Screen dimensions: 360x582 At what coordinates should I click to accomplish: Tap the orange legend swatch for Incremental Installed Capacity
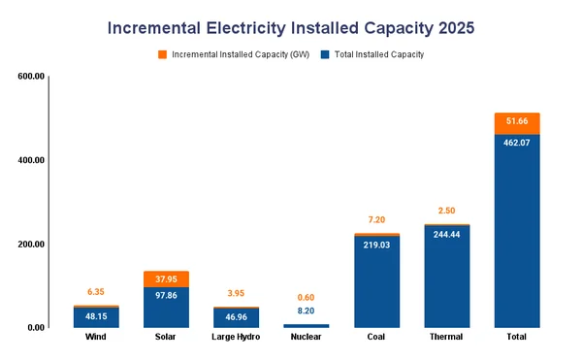point(162,54)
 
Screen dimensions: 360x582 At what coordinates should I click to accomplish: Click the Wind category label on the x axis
point(96,337)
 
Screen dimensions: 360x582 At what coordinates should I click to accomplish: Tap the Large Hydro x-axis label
point(237,337)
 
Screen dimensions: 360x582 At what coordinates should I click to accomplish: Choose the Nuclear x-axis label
point(306,337)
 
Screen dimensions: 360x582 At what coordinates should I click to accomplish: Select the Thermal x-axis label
point(446,337)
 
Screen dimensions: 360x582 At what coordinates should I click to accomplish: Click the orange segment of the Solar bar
point(166,278)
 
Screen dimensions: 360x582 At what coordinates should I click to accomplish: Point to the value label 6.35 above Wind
point(96,291)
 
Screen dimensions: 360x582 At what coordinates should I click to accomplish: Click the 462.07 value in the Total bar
point(516,143)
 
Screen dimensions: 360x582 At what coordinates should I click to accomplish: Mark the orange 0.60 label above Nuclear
point(306,297)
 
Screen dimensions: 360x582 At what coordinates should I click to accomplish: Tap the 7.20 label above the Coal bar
point(376,220)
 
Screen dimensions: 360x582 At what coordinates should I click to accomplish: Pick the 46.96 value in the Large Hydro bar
point(237,316)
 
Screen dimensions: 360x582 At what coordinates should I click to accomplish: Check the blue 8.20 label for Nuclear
point(306,311)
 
